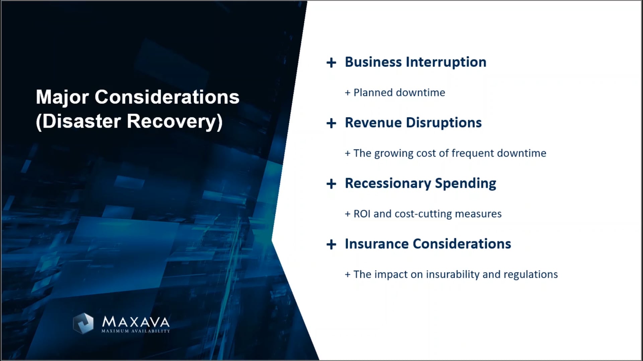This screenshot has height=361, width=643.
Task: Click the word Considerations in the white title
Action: pyautogui.click(x=167, y=97)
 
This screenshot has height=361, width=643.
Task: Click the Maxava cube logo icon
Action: pyautogui.click(x=83, y=323)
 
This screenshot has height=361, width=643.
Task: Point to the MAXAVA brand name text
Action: pyautogui.click(x=136, y=322)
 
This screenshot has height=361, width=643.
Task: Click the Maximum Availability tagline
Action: pyautogui.click(x=136, y=331)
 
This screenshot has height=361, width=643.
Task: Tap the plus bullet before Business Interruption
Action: pyautogui.click(x=331, y=63)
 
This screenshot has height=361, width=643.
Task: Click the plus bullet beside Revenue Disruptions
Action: pyautogui.click(x=331, y=123)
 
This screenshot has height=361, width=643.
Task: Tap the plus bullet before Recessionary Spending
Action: pyautogui.click(x=331, y=184)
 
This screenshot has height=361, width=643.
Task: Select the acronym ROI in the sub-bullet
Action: pyautogui.click(x=362, y=214)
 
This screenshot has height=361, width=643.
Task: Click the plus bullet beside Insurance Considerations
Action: pyautogui.click(x=331, y=244)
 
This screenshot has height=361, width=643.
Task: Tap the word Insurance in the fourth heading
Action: pyautogui.click(x=376, y=244)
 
